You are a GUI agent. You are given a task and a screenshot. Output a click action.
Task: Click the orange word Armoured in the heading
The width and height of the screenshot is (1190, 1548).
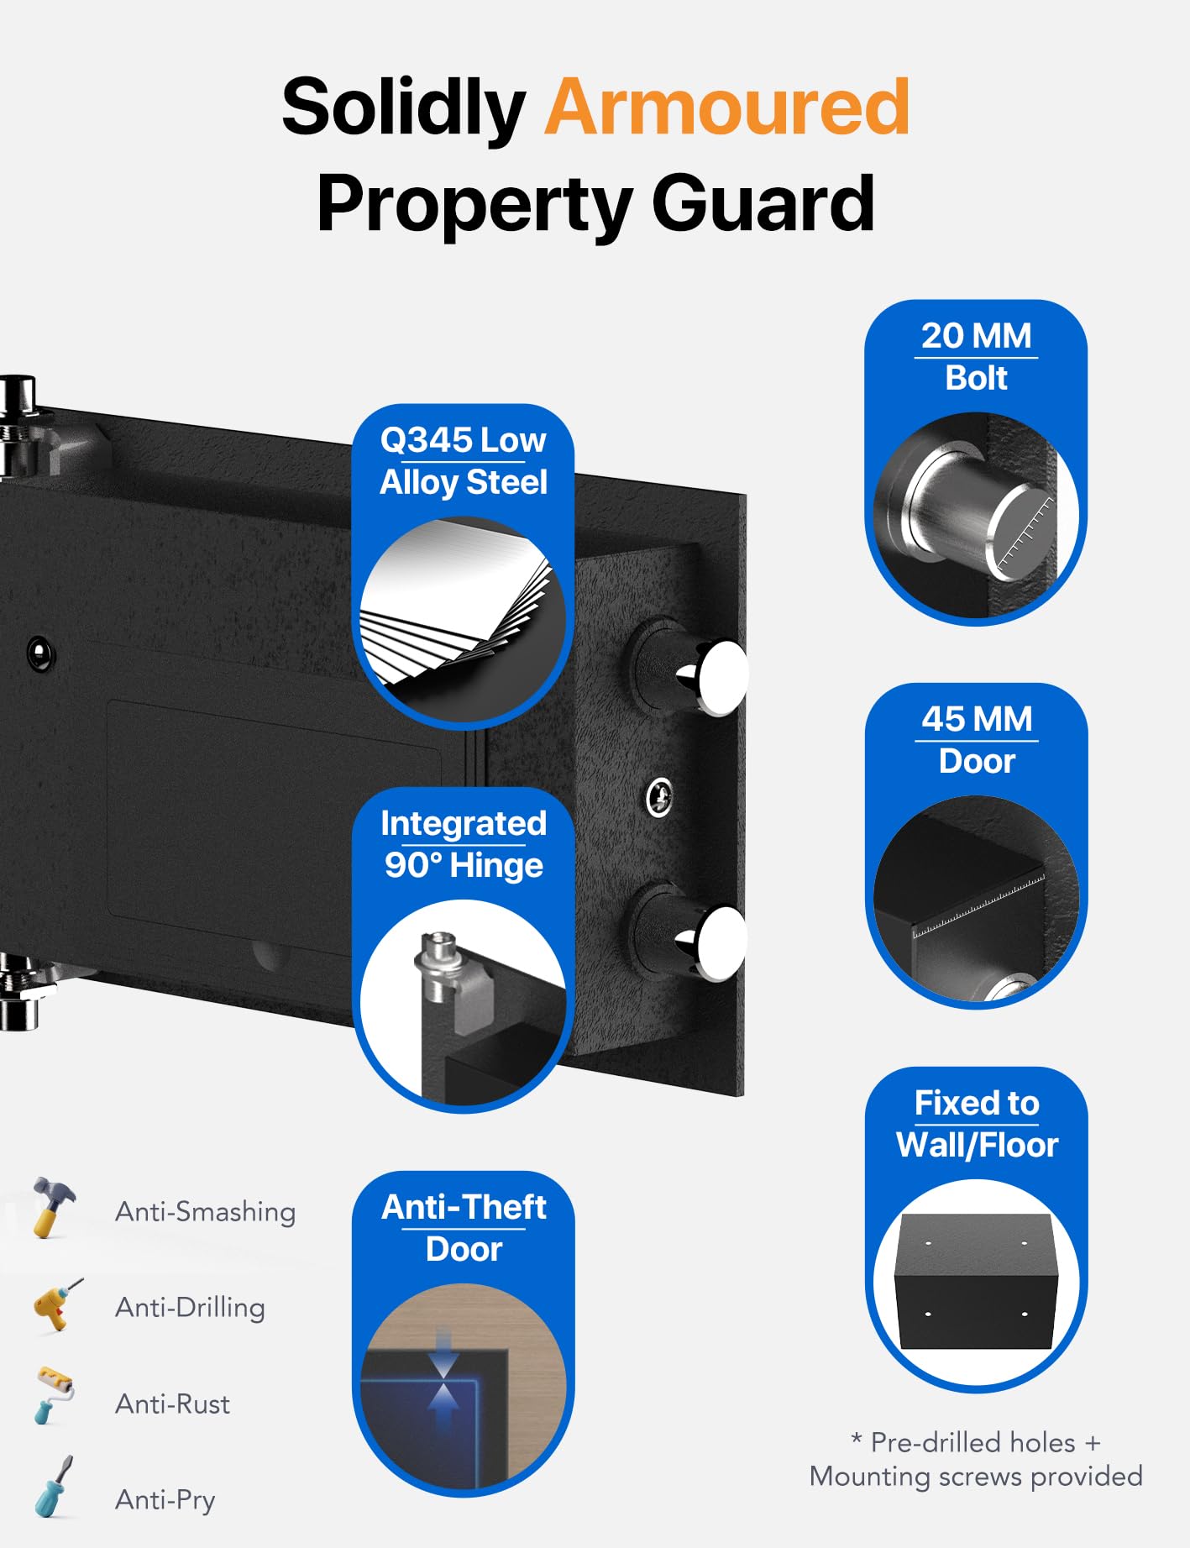coord(727,107)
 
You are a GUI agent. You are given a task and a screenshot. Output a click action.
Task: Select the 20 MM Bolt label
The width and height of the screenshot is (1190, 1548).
coord(976,357)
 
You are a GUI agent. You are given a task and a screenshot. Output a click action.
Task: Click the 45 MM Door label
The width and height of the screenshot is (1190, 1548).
coord(977,740)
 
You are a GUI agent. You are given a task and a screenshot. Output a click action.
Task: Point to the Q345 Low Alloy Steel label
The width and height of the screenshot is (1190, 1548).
coord(463,461)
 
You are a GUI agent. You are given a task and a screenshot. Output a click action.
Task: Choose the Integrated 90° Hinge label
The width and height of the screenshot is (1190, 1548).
coord(463,844)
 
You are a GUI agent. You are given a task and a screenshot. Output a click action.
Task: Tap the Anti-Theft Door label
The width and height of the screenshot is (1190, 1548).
coord(464,1228)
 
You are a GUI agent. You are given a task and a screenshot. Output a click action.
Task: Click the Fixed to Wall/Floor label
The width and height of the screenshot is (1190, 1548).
coord(977,1124)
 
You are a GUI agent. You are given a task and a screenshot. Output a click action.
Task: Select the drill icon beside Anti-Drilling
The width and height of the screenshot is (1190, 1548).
coord(55,1304)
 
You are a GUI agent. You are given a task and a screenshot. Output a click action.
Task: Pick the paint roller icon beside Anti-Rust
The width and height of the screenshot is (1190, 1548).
coord(53,1395)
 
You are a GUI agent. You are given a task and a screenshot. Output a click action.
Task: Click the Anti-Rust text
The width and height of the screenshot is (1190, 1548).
coord(172,1404)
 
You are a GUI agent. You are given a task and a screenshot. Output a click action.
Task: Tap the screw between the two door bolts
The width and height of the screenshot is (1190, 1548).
coord(659,797)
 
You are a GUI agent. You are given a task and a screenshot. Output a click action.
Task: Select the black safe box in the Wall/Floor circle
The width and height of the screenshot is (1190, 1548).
coord(976,1281)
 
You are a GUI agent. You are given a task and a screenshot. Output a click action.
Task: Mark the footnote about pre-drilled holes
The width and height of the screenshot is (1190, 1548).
coord(976,1459)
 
